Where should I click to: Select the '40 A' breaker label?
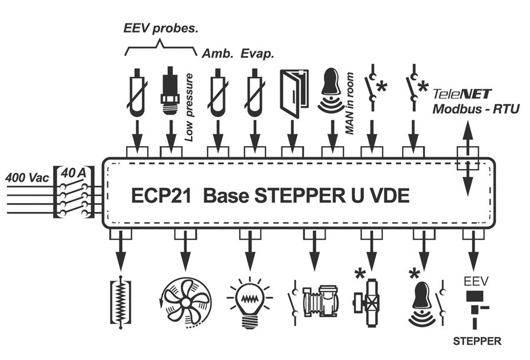point(74,173)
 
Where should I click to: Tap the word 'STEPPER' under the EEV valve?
point(477,341)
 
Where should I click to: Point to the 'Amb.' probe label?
point(216,54)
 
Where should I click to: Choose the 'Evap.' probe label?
point(257,54)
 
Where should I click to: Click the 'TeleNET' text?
point(462,94)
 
